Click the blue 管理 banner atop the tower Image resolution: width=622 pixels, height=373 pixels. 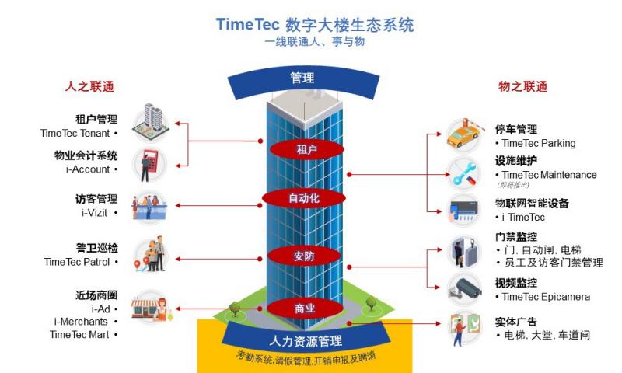coord(302,78)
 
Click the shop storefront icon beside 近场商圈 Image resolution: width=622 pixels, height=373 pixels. coord(150,309)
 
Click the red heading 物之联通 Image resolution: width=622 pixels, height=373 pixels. coord(522,86)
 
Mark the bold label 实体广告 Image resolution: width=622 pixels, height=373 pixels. coord(516,322)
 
